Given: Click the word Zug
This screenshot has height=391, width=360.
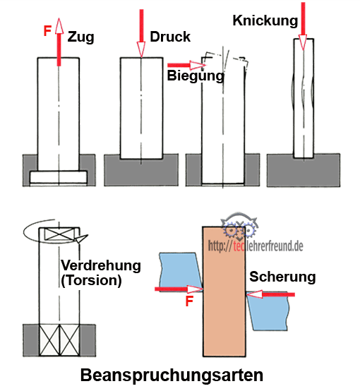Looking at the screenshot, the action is (81, 37).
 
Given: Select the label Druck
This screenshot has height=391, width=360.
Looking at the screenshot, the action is (170, 37).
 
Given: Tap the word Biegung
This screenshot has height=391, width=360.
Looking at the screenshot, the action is (196, 76).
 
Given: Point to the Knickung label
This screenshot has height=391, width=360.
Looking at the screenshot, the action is (265, 21).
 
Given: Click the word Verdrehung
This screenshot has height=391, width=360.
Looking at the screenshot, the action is (101, 265).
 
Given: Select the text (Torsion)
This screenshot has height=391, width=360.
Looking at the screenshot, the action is (91, 280).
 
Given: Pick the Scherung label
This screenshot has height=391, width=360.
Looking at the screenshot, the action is (282, 277).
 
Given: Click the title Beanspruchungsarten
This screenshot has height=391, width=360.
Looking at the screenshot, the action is (172, 375).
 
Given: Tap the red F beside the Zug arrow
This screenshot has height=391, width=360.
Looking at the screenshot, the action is (47, 31).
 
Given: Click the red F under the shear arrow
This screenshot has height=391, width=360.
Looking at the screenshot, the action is (190, 301).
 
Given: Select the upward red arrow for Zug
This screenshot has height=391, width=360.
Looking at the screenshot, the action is (59, 42).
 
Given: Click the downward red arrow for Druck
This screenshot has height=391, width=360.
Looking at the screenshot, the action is (141, 33).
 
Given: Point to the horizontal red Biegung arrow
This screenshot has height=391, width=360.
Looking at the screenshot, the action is (186, 66).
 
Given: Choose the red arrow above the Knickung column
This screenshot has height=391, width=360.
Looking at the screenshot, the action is (303, 26).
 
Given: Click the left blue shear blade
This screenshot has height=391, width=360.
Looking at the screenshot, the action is (181, 271).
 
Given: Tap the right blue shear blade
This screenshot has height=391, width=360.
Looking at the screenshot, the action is (268, 311).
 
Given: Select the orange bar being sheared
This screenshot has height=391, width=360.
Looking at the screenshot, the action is (224, 291).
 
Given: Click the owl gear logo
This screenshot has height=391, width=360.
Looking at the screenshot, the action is (239, 225).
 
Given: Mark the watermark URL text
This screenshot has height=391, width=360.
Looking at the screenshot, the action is (256, 246).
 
